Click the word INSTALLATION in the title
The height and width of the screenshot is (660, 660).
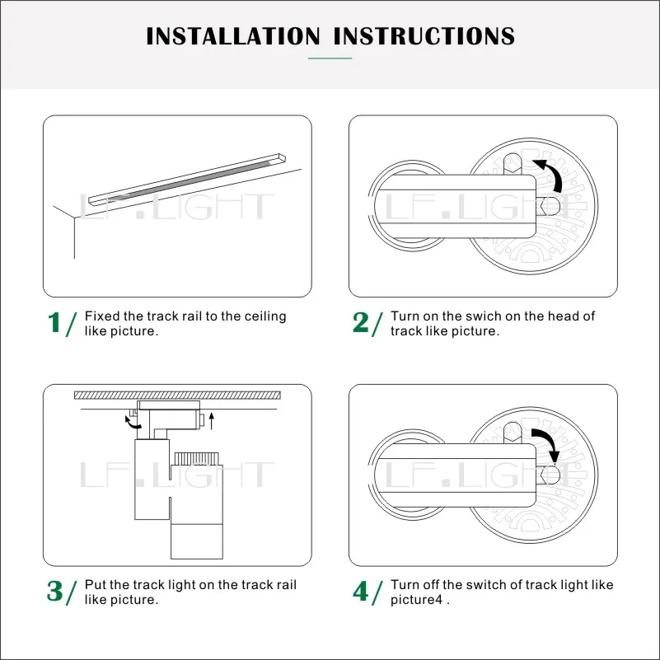point(232,36)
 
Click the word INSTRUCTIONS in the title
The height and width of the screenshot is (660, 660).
point(424,36)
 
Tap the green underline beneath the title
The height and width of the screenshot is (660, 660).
point(330,58)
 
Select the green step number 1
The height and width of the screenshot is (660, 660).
point(54,322)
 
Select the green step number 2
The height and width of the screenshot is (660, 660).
point(361,322)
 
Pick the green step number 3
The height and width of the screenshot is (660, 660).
point(54,591)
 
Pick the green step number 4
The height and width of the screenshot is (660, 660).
point(361,591)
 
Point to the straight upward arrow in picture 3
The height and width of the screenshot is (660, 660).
point(211,421)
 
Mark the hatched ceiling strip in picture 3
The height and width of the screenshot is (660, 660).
point(177,395)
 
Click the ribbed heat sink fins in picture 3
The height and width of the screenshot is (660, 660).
point(197,458)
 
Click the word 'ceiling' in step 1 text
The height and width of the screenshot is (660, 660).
point(265,316)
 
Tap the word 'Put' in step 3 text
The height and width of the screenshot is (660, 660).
point(95,585)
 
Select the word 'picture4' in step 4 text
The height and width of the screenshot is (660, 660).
point(416,600)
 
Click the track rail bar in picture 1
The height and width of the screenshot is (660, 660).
point(187,180)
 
